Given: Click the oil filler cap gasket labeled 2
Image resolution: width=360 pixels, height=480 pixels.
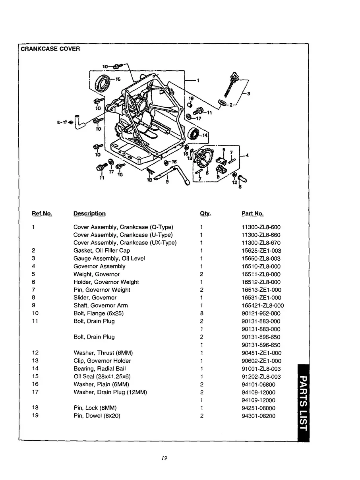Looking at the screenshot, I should (223, 103).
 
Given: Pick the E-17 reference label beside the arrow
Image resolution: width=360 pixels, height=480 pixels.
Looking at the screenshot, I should (62, 122).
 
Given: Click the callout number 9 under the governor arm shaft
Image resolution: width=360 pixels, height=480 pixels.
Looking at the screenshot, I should (167, 182).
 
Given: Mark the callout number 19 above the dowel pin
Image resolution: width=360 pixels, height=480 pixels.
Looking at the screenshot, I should (191, 98).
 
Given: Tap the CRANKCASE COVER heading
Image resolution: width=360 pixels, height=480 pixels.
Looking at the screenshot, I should (50, 49).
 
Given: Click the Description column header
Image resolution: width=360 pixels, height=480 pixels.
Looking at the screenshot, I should (89, 214).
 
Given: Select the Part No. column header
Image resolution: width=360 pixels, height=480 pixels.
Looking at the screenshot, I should (252, 214).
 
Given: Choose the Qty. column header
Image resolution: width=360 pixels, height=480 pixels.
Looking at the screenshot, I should (205, 214).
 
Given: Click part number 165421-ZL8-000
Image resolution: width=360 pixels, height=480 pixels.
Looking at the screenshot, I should (263, 306).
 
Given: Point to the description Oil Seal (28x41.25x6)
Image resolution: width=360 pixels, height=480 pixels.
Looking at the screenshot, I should (102, 376).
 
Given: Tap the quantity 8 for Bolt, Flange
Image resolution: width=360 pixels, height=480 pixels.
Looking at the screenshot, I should (202, 314).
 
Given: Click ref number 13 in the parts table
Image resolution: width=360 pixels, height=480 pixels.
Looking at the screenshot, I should (35, 361).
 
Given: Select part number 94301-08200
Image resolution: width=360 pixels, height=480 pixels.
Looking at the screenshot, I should (258, 416).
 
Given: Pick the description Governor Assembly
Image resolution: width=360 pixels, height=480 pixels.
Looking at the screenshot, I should (99, 266).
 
